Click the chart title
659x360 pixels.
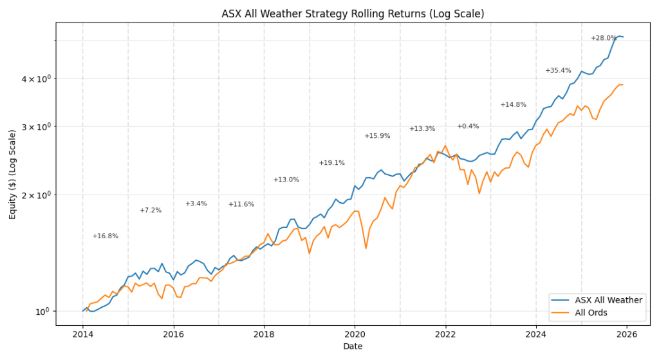pyautogui.click(x=353, y=14)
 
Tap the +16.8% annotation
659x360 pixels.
pyautogui.click(x=105, y=236)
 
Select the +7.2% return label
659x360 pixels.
pyautogui.click(x=151, y=211)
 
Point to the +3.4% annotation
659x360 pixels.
pyautogui.click(x=196, y=204)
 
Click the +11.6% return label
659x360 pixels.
pyautogui.click(x=241, y=205)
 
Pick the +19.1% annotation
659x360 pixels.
pyautogui.click(x=332, y=163)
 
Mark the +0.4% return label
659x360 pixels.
pyautogui.click(x=468, y=126)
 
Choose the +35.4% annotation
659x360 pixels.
pyautogui.click(x=558, y=71)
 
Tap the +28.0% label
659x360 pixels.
pyautogui.click(x=604, y=39)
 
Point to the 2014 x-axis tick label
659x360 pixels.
pyautogui.click(x=82, y=334)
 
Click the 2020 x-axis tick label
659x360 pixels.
pyautogui.click(x=355, y=334)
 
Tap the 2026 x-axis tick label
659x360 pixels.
pyautogui.click(x=627, y=334)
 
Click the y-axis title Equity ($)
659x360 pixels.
pyautogui.click(x=13, y=174)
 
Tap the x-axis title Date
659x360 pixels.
pyautogui.click(x=353, y=346)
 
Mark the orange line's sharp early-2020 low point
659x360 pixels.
pyautogui.click(x=366, y=249)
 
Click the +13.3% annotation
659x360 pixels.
pyautogui.click(x=422, y=129)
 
